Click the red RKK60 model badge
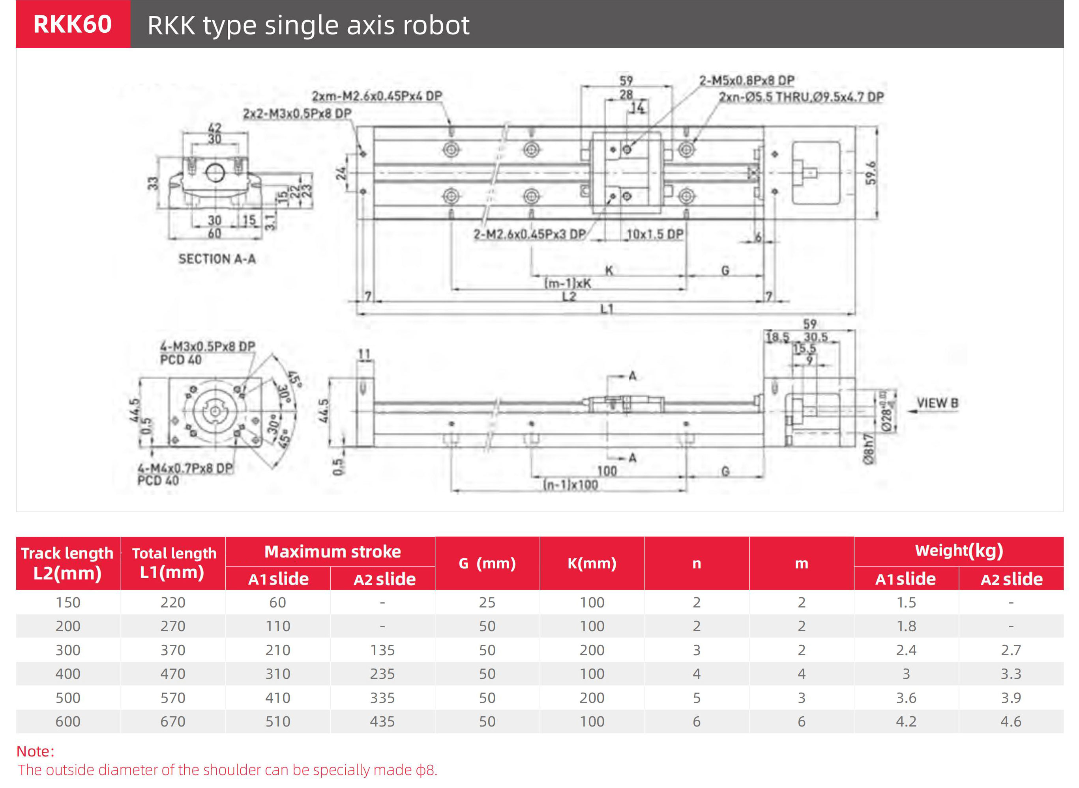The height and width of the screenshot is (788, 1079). (73, 24)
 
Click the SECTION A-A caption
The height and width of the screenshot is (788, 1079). (217, 259)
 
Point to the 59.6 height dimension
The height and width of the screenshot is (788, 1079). (871, 173)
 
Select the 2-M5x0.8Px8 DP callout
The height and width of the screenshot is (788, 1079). (746, 80)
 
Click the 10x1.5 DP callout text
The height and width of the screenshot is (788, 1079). (655, 234)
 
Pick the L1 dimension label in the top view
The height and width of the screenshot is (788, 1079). (606, 309)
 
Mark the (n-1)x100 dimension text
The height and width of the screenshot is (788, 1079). (571, 485)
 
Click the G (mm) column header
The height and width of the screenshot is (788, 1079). (487, 563)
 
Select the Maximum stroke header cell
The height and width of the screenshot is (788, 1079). (332, 552)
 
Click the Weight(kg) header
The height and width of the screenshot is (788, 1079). (958, 551)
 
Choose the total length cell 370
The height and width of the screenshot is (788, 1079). (173, 650)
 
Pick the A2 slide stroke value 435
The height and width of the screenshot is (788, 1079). (382, 722)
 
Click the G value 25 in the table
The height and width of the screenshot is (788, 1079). (487, 602)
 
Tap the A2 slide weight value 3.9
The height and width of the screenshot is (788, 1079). (1011, 698)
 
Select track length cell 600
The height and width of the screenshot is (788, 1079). (68, 722)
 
